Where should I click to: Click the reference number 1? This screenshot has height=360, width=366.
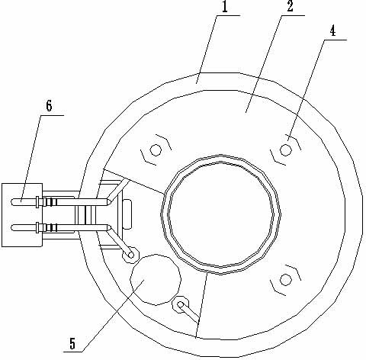pos(225,7)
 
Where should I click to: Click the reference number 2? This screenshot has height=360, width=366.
pos(290,7)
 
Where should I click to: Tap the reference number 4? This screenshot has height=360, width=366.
pos(332,31)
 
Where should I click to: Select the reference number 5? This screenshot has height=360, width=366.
pos(72,344)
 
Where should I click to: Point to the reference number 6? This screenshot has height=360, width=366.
pos(49,106)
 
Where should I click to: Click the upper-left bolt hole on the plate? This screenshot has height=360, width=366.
pos(155,150)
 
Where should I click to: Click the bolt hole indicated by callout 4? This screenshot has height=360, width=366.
pos(285,150)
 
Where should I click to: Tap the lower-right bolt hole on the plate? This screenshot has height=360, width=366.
pos(286,280)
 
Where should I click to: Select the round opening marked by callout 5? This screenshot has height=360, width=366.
pos(156,279)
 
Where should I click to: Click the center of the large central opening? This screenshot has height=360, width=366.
pos(220,214)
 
